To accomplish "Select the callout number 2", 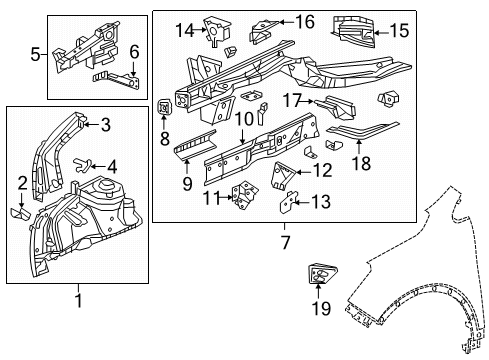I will (x=22, y=181).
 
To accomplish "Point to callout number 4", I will (x=112, y=166).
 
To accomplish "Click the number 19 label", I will (x=320, y=319).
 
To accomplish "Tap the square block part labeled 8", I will (x=167, y=105).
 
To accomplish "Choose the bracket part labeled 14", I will (x=213, y=30).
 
